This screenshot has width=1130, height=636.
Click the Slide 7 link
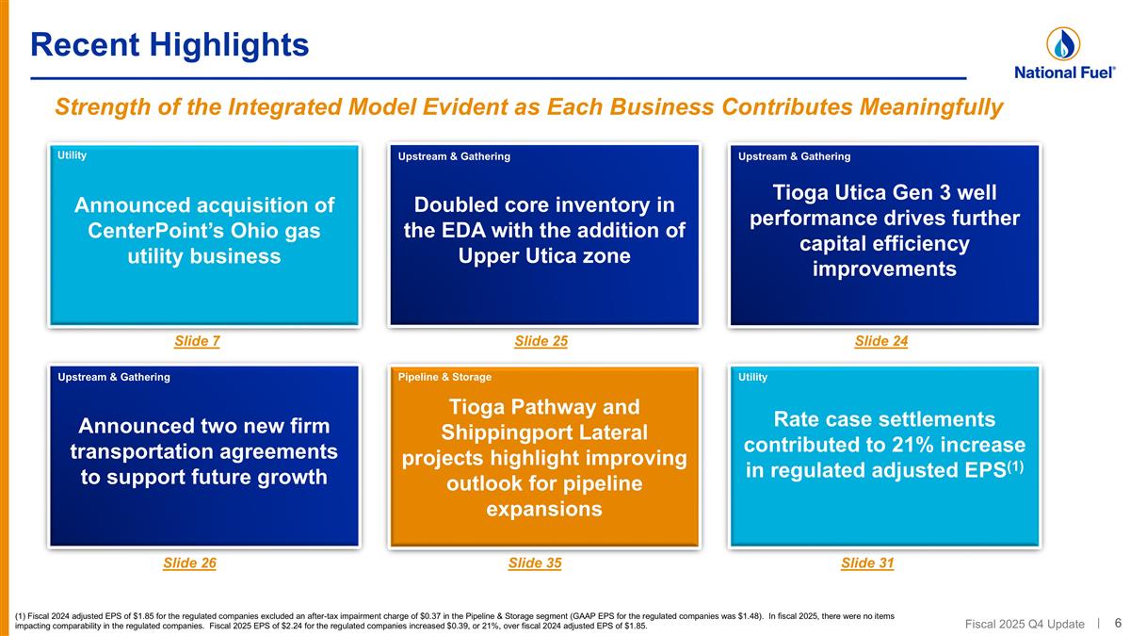pos(197,342)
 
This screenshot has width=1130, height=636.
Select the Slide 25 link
pos(541,342)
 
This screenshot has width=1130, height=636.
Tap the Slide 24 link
pos(880,342)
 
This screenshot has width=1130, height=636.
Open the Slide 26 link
pos(189,563)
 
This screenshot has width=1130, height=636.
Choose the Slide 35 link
pos(534,563)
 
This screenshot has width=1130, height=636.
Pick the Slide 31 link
pos(866,563)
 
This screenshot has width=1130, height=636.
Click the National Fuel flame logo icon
pos(1063,43)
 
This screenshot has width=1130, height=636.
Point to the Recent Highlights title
pos(169,43)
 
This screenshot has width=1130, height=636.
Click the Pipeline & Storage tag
pos(444,377)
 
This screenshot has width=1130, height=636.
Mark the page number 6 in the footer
pos(1118,623)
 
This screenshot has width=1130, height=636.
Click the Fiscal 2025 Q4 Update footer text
pos(1025,624)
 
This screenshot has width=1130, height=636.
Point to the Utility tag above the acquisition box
pos(72,155)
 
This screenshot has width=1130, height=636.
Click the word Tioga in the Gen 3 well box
pos(802,192)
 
